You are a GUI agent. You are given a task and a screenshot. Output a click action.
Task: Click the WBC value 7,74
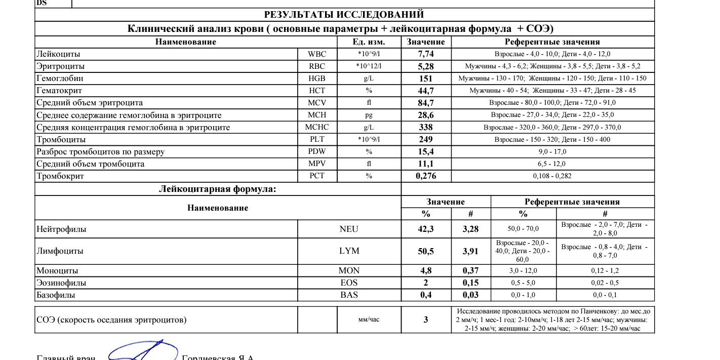[426, 54]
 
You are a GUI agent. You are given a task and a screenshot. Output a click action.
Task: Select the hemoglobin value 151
[426, 78]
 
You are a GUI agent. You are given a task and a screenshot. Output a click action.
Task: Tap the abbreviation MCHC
[317, 127]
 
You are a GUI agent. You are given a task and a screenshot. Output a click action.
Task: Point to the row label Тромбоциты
[61, 139]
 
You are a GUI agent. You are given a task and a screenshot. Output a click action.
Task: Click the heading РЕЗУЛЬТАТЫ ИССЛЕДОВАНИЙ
[344, 15]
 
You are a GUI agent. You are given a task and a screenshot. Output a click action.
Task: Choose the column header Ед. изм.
[369, 42]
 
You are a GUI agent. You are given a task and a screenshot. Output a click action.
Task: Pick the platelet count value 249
[426, 139]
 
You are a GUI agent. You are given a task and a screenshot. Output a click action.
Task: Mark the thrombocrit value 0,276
[426, 176]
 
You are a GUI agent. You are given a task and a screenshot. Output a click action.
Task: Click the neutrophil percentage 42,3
[426, 229]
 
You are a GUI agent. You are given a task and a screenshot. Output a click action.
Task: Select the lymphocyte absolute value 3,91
[470, 251]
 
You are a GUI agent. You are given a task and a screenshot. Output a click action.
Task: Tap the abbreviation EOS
[349, 283]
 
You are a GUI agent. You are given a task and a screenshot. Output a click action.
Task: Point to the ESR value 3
[426, 319]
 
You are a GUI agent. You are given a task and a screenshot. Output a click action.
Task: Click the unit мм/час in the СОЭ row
[369, 319]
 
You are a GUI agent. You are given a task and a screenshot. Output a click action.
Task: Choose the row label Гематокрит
[60, 91]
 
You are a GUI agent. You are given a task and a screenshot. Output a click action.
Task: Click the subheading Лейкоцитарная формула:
[218, 189]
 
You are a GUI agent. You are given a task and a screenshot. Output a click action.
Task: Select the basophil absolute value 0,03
[470, 295]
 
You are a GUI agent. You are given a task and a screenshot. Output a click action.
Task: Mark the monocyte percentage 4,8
[426, 271]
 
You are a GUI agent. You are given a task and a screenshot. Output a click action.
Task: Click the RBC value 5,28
[426, 66]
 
